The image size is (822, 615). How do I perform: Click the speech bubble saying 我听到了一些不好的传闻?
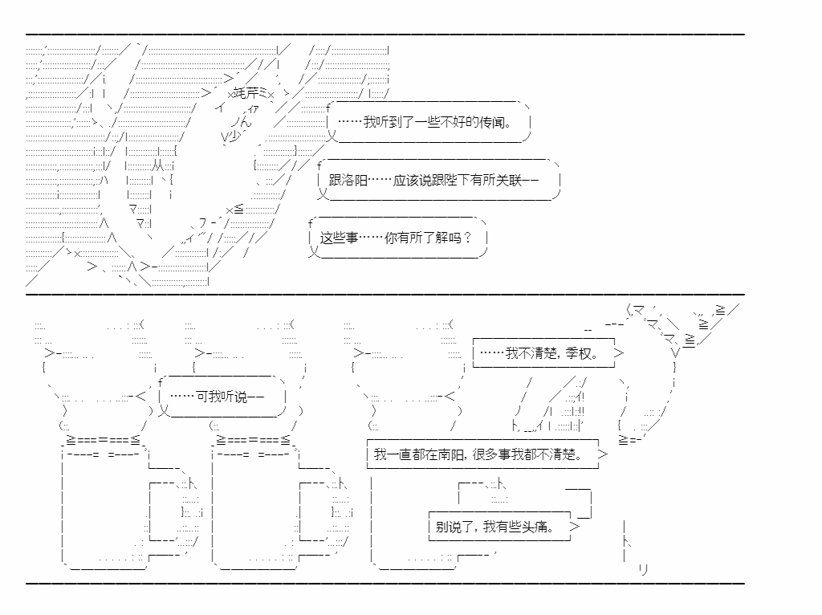429,122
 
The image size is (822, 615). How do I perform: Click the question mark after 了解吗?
467,238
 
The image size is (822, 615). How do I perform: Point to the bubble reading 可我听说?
222,396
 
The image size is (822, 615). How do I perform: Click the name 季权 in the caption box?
579,353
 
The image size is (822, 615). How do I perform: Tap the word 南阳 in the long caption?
450,454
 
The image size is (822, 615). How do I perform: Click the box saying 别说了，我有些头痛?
499,527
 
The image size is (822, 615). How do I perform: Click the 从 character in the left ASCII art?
158,166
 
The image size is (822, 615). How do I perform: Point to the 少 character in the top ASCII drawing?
234,136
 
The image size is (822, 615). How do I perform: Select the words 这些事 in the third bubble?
339,238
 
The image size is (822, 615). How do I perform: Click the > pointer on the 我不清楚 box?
619,353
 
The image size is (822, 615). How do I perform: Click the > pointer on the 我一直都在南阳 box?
602,454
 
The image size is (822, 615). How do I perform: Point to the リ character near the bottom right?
644,569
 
